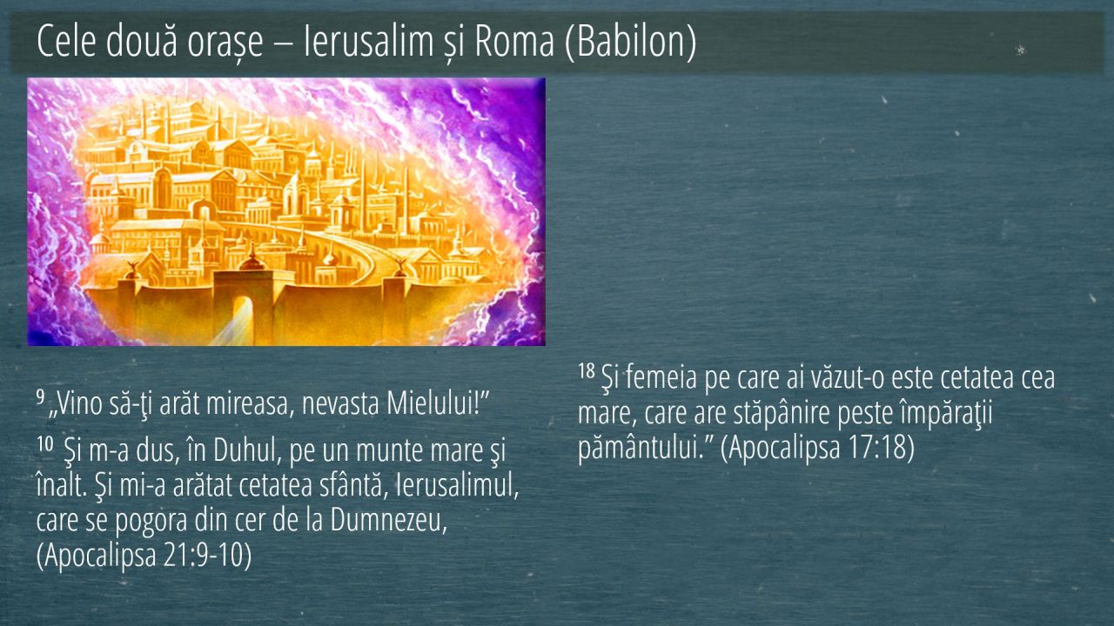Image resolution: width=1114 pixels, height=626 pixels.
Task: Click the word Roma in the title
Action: (514, 41)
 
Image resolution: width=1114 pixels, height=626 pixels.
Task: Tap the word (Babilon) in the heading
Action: (631, 42)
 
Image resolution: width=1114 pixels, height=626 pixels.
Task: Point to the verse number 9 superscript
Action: (40, 396)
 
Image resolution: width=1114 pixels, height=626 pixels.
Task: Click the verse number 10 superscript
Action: (44, 443)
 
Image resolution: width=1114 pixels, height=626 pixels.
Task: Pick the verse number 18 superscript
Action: (587, 370)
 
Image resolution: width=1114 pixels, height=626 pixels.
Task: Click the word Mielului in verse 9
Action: (429, 403)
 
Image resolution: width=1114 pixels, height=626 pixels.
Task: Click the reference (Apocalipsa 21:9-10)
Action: (144, 556)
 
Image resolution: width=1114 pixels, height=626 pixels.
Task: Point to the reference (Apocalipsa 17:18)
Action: (817, 447)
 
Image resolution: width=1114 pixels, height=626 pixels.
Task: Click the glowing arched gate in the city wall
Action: (243, 318)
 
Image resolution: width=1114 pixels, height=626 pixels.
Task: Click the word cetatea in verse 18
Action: (977, 378)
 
